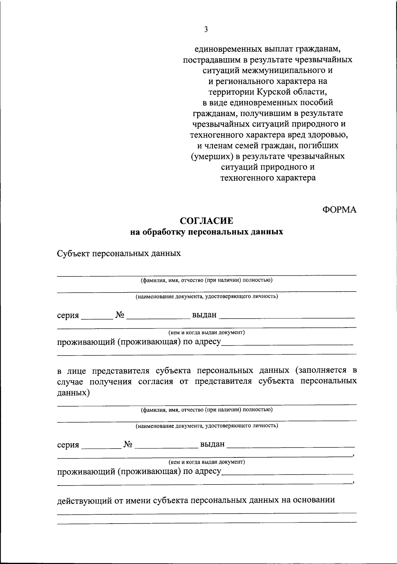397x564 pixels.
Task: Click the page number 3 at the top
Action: coord(206,30)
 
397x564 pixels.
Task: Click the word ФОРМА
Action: coord(339,210)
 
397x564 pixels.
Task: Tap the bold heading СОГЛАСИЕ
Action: coord(206,221)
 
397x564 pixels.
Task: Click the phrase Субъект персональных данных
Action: coord(119,254)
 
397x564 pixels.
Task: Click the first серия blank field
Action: coord(97,316)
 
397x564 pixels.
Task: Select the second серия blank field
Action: coord(101,445)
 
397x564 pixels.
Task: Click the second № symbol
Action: coord(128,445)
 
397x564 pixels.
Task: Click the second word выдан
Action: coord(212,444)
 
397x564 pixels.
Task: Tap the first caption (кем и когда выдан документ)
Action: coord(206,332)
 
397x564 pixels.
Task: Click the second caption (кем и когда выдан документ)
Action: coord(206,461)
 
